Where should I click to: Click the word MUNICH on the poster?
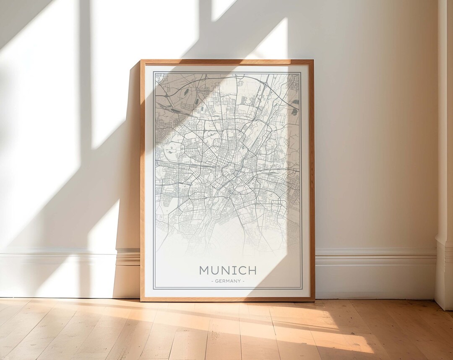click(228, 270)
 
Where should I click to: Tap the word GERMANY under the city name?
click(228, 281)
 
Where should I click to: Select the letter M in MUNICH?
click(204, 270)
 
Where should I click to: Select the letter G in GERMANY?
click(216, 281)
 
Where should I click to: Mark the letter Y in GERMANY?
click(239, 281)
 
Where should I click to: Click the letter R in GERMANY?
click(224, 281)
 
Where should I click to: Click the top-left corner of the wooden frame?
click(141, 60)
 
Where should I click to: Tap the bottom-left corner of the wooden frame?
click(141, 300)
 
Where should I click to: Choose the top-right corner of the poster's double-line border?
click(301, 72)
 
